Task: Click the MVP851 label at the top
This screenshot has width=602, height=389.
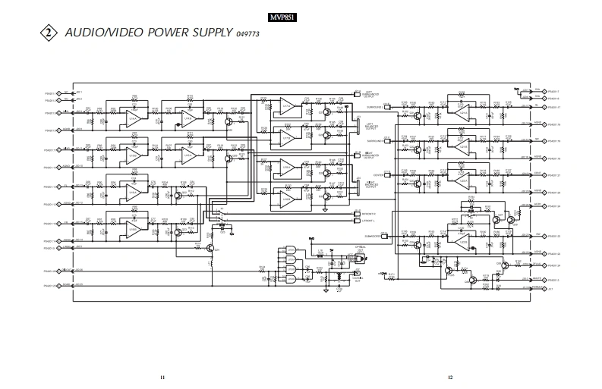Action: click(281, 16)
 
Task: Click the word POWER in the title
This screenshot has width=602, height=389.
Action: click(175, 33)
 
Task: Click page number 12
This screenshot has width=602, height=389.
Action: click(450, 377)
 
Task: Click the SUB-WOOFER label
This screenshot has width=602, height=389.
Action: click(377, 236)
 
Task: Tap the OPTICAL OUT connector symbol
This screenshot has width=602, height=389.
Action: click(355, 258)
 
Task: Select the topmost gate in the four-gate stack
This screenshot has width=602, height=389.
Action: click(290, 250)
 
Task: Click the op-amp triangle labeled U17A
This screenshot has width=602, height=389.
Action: click(460, 111)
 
